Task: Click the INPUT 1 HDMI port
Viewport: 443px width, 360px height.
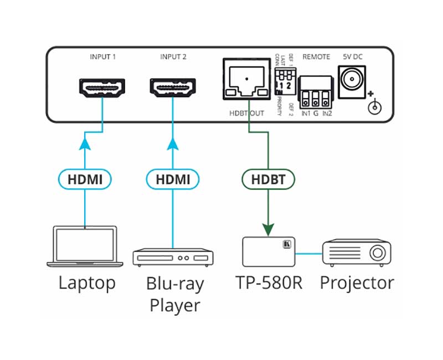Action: (x=103, y=88)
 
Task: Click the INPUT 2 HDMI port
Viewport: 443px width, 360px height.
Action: (x=173, y=88)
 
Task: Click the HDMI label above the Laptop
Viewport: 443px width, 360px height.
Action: (x=85, y=179)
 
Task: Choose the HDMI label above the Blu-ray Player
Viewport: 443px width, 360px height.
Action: (x=173, y=179)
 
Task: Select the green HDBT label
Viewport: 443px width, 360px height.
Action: (x=268, y=179)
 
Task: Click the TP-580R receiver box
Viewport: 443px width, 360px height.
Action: (x=269, y=251)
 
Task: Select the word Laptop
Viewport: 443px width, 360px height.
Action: (x=87, y=284)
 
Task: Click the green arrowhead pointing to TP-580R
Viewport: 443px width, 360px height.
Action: (x=269, y=228)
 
